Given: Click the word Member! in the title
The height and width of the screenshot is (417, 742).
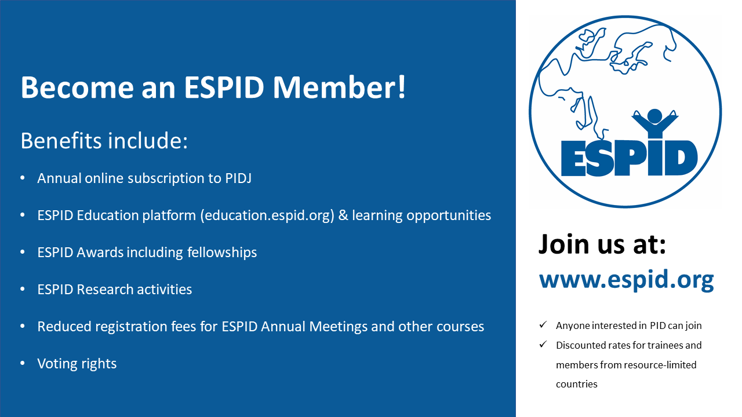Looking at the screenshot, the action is click(x=339, y=87).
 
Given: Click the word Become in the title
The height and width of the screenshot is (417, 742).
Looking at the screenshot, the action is click(x=77, y=87).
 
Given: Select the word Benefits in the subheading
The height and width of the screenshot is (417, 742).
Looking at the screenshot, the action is click(x=61, y=141).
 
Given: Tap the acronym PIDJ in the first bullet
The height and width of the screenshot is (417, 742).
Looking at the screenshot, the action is click(x=238, y=178).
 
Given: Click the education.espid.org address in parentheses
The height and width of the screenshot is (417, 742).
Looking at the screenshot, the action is click(x=267, y=215).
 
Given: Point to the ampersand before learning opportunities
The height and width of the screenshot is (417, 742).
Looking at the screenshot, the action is click(x=343, y=215).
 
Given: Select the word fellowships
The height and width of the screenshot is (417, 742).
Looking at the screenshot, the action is click(x=222, y=253).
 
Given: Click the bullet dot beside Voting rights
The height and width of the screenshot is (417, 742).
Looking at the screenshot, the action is click(x=23, y=363).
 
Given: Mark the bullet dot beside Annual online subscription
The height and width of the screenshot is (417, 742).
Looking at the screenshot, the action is click(x=23, y=178).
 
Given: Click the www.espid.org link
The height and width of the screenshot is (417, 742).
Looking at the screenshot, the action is click(x=627, y=280).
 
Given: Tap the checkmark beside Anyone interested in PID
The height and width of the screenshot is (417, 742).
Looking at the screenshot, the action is click(x=543, y=325).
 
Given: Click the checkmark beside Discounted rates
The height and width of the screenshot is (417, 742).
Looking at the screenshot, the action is click(x=543, y=345).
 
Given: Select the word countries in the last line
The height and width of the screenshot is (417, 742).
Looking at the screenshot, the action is click(x=577, y=384).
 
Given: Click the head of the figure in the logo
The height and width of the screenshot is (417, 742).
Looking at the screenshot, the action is click(x=654, y=116).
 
